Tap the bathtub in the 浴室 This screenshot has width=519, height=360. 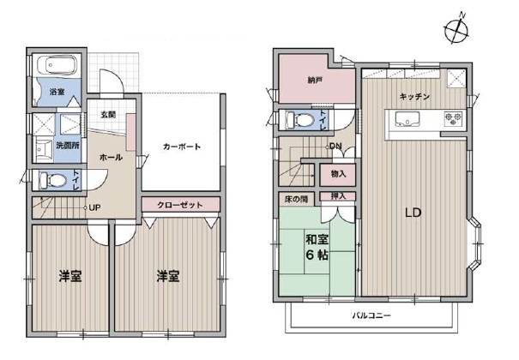(57, 66)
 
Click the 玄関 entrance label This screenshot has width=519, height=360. (108, 114)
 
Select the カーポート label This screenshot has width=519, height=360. (182, 147)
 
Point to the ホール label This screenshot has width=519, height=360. (111, 158)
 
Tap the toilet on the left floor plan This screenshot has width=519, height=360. (53, 181)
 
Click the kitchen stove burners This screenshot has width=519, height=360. (452, 119)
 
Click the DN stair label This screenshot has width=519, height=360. (335, 146)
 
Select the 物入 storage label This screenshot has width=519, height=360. (337, 174)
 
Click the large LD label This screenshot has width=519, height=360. (412, 213)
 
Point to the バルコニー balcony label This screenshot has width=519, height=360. (370, 315)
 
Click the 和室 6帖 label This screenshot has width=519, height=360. (314, 246)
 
